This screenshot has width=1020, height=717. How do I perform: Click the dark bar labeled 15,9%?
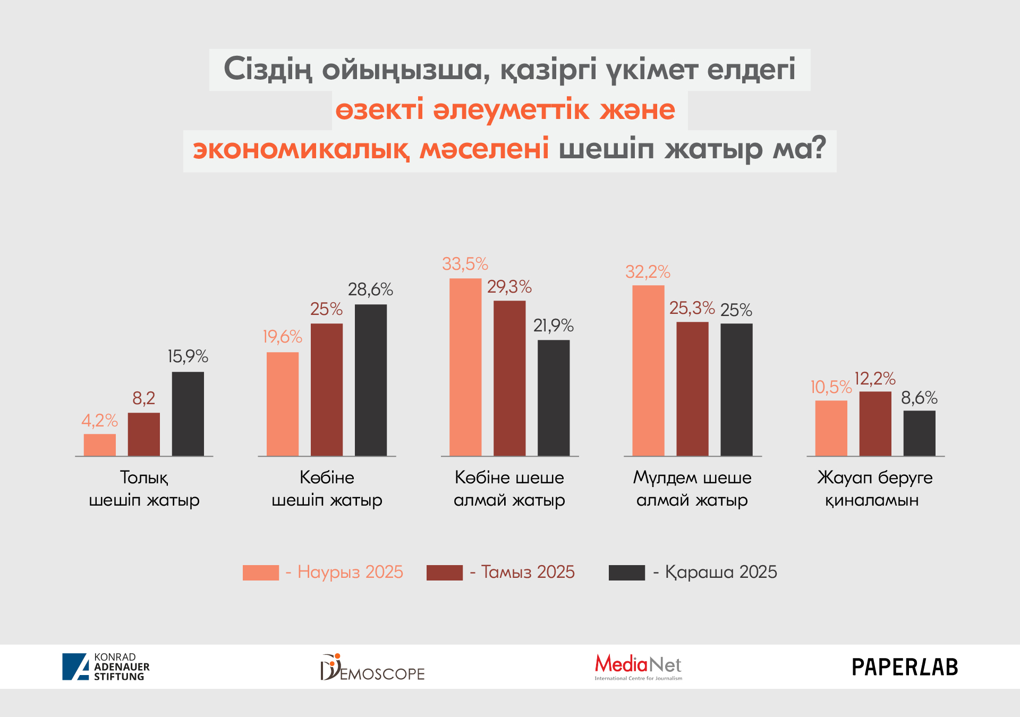[188, 414]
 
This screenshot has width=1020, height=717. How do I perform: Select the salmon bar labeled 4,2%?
[99, 445]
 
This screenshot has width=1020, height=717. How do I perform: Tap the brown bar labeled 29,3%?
[509, 378]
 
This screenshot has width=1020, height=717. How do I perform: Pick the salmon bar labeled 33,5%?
[465, 367]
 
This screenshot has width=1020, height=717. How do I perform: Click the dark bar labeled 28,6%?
[371, 380]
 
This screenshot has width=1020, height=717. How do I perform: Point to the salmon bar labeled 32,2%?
[648, 370]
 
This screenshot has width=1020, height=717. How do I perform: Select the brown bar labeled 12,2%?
[875, 423]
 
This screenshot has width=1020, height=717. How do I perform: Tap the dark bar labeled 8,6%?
[919, 433]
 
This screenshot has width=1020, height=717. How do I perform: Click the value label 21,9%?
[554, 326]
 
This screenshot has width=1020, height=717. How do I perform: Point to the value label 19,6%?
[282, 337]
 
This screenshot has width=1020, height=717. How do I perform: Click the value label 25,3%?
[692, 308]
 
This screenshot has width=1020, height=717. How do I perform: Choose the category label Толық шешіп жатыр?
[144, 489]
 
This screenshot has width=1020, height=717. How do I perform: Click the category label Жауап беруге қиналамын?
[874, 489]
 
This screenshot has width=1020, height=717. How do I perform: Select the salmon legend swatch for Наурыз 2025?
[260, 573]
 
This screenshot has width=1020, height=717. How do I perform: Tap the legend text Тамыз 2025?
[528, 572]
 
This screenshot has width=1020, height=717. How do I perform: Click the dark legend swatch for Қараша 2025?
[626, 573]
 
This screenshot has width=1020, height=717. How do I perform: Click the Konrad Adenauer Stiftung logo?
[106, 667]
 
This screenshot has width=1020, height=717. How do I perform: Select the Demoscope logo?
[372, 668]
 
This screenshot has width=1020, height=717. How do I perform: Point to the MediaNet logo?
[638, 667]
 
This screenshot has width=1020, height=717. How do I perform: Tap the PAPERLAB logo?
[904, 667]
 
